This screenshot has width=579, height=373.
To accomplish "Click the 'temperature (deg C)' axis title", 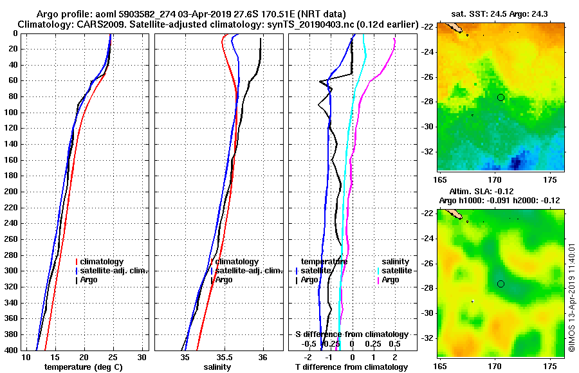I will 83,367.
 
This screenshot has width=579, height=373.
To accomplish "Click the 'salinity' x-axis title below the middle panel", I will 217,367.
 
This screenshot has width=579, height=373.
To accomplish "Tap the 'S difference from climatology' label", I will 351,334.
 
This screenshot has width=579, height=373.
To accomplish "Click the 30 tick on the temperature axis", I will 142,357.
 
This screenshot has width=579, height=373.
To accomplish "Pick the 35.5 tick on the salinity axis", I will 225,357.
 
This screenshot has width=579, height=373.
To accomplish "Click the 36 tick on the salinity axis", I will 263,357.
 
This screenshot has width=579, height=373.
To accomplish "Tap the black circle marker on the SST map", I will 501,97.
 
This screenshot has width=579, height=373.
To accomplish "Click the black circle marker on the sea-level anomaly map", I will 501,284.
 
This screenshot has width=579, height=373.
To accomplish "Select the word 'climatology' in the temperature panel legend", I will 102,262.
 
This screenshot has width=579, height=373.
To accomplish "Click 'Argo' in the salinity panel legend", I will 224,280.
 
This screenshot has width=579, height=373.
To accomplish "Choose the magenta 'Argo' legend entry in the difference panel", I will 391,280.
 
